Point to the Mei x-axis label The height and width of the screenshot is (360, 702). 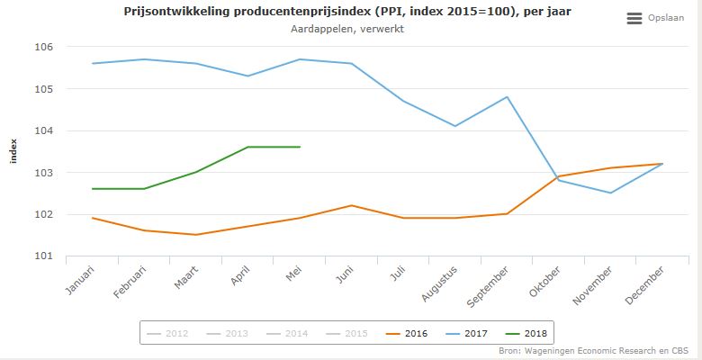292,273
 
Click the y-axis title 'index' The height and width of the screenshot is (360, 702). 13,151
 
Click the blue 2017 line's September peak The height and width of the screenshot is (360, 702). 507,97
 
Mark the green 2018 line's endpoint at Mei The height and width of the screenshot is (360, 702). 300,147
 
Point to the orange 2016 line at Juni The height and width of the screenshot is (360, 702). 351,205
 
